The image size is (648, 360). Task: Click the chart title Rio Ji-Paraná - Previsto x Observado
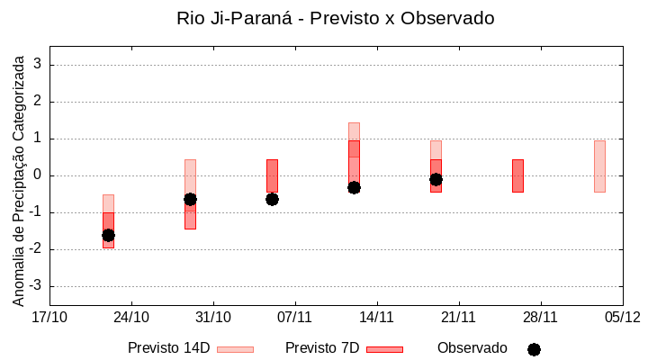tap(323, 18)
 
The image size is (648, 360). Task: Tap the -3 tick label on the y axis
tap(36, 286)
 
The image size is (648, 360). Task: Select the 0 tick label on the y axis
tap(39, 175)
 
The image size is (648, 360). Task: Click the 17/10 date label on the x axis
tap(49, 317)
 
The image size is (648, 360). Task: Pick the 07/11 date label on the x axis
tap(294, 317)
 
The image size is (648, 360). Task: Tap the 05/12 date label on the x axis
tap(621, 317)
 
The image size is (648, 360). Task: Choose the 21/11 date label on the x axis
tap(458, 317)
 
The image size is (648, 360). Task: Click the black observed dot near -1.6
tap(108, 235)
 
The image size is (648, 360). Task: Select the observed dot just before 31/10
tap(190, 199)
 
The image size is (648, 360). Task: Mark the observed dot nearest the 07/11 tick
tap(272, 199)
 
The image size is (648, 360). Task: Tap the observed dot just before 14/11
tap(354, 187)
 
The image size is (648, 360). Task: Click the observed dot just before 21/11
tap(436, 179)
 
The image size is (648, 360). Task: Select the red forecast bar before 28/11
tap(517, 175)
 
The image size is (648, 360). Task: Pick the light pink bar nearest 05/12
tap(599, 166)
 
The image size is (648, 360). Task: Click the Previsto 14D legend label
tap(168, 348)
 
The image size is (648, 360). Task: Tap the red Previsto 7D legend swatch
tap(384, 348)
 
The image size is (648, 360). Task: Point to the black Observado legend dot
tap(534, 349)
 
